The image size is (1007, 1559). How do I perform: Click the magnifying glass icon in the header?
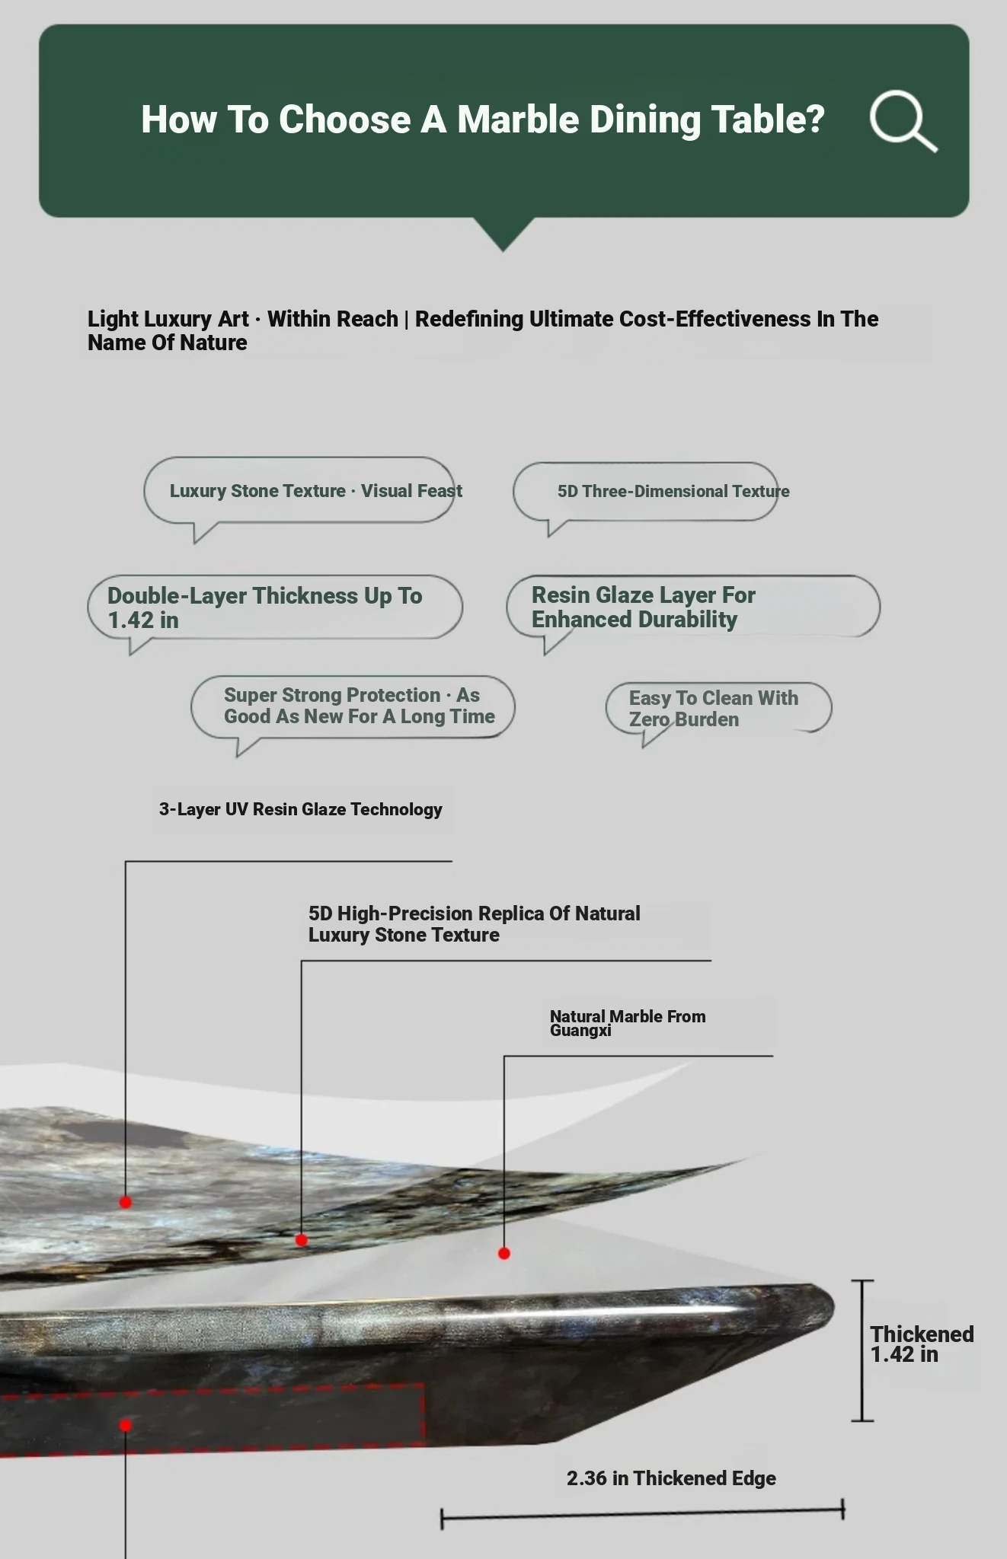click(x=903, y=121)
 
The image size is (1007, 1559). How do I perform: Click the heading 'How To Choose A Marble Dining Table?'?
click(x=482, y=120)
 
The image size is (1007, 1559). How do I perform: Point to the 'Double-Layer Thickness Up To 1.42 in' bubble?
click(x=274, y=607)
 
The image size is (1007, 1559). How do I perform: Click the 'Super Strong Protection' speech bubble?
click(x=353, y=706)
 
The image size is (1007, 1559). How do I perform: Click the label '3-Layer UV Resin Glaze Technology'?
click(x=300, y=809)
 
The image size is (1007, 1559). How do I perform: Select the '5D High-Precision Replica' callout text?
click(x=475, y=923)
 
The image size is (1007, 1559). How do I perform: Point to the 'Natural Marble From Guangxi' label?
click(x=628, y=1022)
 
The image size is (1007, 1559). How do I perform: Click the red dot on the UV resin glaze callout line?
click(x=126, y=1202)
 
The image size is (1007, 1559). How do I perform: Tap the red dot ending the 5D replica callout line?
click(x=302, y=1240)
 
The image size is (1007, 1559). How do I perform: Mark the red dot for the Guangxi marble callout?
click(x=504, y=1253)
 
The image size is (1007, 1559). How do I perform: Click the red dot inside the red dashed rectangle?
click(x=126, y=1425)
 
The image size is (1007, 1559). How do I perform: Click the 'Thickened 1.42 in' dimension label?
click(x=922, y=1344)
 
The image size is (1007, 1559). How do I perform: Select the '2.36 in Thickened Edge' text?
click(x=671, y=1478)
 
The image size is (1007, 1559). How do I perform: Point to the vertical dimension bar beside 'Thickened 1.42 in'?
click(x=862, y=1350)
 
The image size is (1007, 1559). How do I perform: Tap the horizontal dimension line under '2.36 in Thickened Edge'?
click(x=642, y=1514)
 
